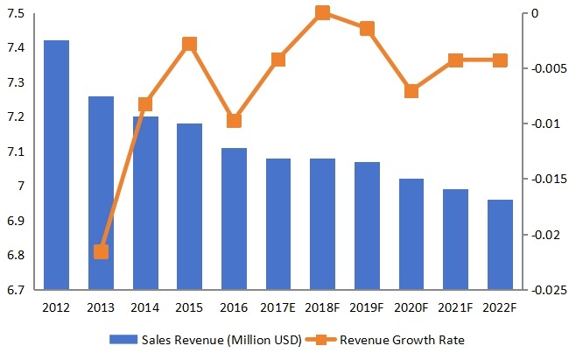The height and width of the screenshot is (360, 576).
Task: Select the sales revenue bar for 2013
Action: pyautogui.click(x=101, y=193)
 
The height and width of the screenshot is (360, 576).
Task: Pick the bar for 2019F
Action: pyautogui.click(x=367, y=226)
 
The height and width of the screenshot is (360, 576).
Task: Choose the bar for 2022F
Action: pyautogui.click(x=500, y=244)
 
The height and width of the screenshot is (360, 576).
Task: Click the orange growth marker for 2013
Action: pyautogui.click(x=101, y=252)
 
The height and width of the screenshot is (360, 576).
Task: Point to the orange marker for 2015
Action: pyautogui.click(x=189, y=44)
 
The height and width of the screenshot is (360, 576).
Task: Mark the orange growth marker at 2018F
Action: pyautogui.click(x=322, y=13)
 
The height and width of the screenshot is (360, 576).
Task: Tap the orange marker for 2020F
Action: pyautogui.click(x=411, y=90)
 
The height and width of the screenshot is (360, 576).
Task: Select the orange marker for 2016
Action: pyautogui.click(x=234, y=120)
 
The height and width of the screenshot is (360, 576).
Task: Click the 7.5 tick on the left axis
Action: pyautogui.click(x=15, y=14)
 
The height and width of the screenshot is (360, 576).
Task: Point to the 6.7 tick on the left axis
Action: pyautogui.click(x=15, y=290)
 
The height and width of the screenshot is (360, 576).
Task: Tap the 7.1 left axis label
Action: pyautogui.click(x=15, y=152)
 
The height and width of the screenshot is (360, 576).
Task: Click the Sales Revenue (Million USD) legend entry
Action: pyautogui.click(x=205, y=340)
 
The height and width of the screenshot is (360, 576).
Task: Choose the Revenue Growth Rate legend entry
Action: pyautogui.click(x=398, y=340)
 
